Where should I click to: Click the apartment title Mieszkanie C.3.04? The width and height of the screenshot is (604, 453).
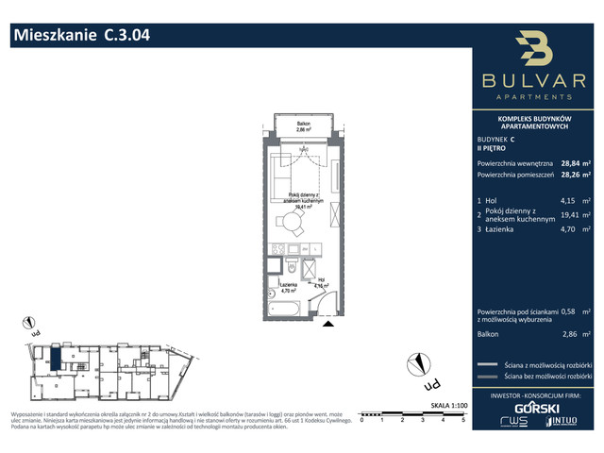80,37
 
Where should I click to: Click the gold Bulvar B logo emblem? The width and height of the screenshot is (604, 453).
536,51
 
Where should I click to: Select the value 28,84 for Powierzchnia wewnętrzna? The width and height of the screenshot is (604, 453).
571,161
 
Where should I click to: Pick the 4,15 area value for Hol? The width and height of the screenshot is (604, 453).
568,201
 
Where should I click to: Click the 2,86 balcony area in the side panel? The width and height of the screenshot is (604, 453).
568,334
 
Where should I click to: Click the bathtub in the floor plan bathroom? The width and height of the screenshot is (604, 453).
282,306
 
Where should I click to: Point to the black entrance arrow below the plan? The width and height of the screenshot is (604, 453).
327,324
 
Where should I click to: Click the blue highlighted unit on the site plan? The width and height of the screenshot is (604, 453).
57,359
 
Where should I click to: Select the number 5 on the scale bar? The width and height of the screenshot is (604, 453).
463,420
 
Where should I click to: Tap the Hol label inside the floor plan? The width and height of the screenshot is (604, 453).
321,279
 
